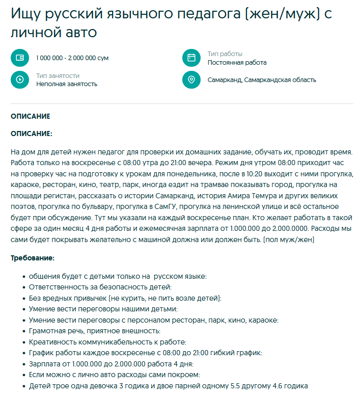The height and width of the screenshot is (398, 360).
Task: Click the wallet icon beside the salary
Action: click(x=20, y=58)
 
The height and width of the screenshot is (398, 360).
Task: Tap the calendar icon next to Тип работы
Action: click(x=191, y=58)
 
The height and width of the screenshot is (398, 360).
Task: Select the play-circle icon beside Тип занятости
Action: click(x=20, y=79)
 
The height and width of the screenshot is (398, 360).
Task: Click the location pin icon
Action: click(x=191, y=79)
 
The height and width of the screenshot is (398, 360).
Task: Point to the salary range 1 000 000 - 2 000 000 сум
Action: click(x=72, y=58)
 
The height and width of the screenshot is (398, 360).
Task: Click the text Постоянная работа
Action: click(x=237, y=63)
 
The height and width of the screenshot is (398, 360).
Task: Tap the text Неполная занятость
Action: click(x=67, y=84)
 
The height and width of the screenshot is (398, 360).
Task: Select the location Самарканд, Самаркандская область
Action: click(x=262, y=80)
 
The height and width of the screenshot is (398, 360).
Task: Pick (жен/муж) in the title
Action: click(x=283, y=14)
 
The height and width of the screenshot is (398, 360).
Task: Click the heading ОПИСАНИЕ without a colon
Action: click(x=31, y=116)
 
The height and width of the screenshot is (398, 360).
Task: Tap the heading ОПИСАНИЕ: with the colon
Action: click(x=32, y=134)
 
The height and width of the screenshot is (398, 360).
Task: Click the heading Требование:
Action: click(x=33, y=258)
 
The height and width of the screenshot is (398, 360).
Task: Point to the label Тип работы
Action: click(x=225, y=54)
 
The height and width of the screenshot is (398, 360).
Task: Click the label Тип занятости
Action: click(x=58, y=75)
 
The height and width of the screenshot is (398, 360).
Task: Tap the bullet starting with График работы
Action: click(x=146, y=353)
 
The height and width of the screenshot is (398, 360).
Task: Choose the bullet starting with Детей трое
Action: click(x=169, y=386)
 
